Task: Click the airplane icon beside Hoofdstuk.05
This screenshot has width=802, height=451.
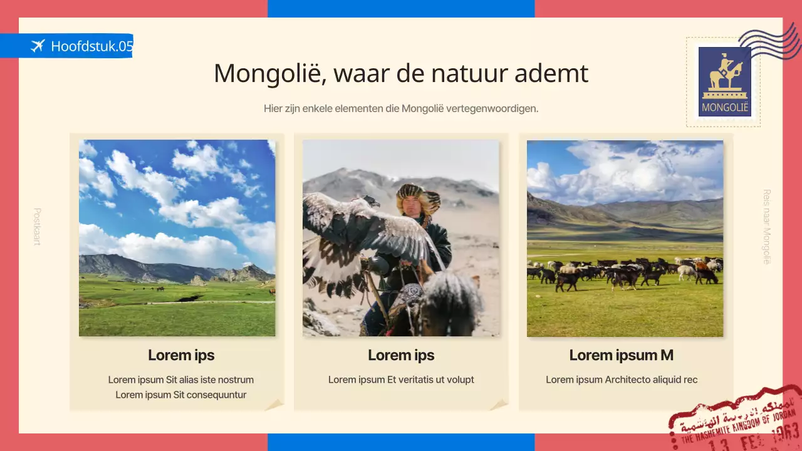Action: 38,46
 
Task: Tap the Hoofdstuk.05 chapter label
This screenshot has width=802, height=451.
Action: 92,46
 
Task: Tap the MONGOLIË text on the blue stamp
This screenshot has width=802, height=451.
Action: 725,107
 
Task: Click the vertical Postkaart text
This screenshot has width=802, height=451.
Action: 37,226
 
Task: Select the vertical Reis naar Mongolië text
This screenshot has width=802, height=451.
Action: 766,226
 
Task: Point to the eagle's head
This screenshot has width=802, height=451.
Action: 370,201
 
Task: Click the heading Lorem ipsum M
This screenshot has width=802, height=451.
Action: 621,355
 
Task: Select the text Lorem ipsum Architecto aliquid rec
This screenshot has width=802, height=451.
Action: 621,380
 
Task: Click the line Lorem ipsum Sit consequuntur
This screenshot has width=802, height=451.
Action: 180,395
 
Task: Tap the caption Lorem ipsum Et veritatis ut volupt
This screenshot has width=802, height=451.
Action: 401,380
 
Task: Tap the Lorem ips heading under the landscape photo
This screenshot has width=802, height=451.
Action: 181,355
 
